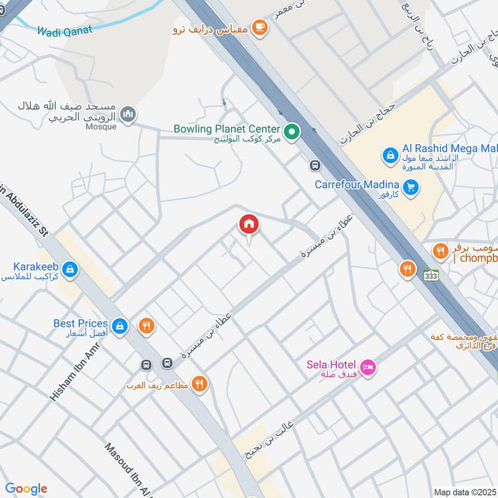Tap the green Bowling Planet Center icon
[x=291, y=132]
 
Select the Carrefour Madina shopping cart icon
[x=410, y=187]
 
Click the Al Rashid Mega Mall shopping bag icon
[x=390, y=154]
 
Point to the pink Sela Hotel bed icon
[x=368, y=369]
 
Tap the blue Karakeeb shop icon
[x=70, y=269]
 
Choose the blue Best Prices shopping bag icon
[x=120, y=325]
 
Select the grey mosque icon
[x=128, y=115]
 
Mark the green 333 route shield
[x=429, y=275]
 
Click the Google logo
[x=26, y=489]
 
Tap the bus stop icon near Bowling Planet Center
[x=315, y=166]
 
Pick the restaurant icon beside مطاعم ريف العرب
[x=200, y=384]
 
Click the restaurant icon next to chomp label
[x=441, y=251]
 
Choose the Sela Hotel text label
[x=331, y=364]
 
